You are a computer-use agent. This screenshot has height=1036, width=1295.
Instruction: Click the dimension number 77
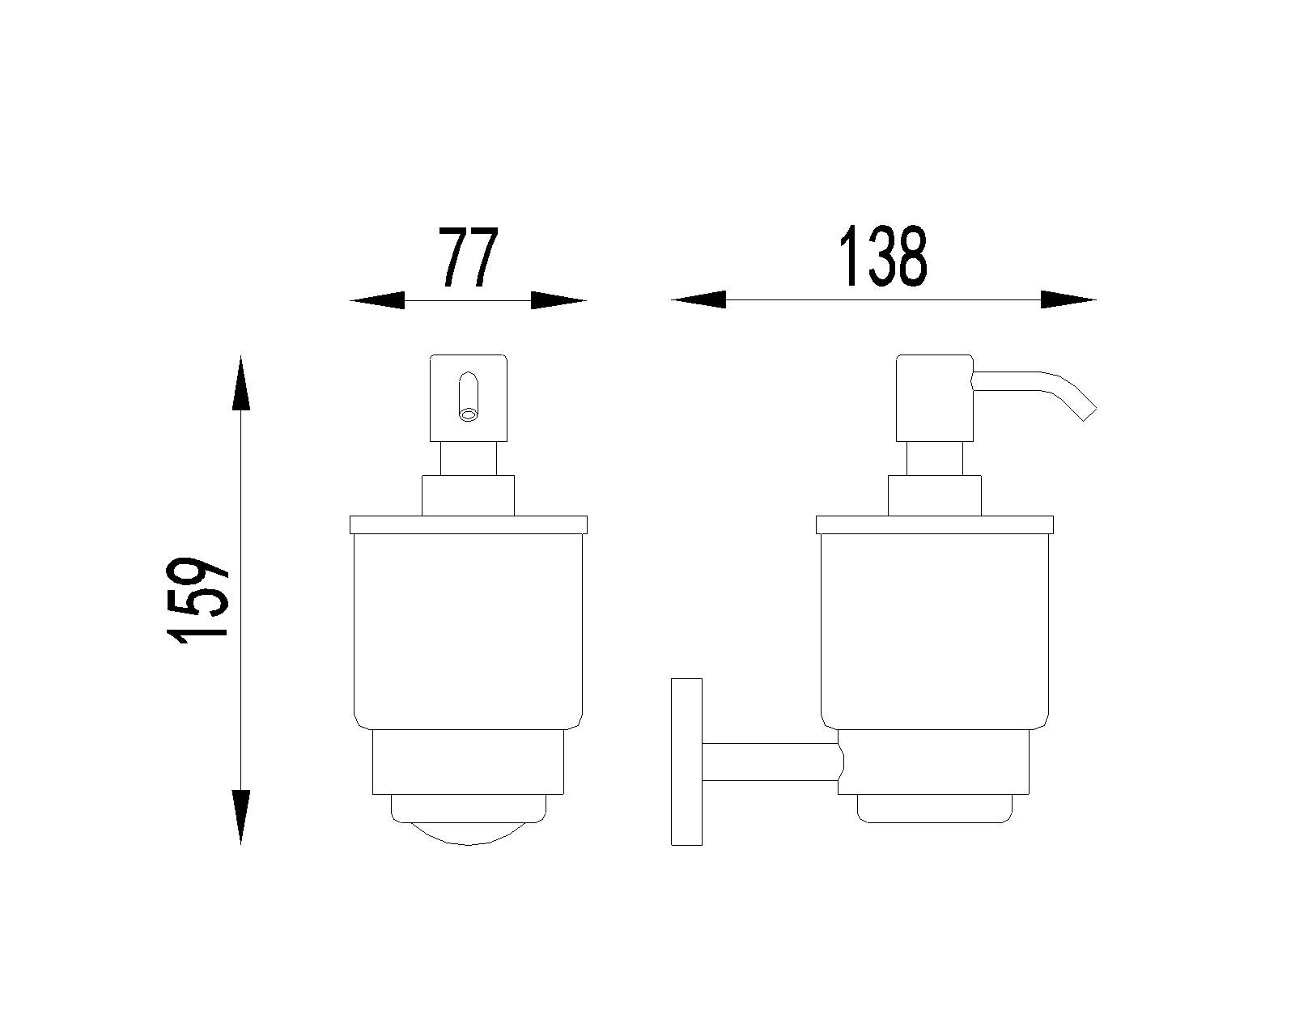(468, 257)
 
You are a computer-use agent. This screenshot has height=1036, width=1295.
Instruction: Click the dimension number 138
(883, 255)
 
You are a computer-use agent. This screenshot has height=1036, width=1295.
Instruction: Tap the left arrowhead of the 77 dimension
(377, 300)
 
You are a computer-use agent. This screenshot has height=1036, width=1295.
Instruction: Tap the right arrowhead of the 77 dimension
(558, 300)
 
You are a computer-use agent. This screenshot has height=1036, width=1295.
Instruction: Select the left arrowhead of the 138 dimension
(698, 299)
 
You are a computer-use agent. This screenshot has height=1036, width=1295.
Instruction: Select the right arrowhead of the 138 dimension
(1068, 299)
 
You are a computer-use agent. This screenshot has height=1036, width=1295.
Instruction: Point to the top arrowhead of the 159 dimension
(240, 383)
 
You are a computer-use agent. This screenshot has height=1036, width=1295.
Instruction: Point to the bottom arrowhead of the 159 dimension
(240, 817)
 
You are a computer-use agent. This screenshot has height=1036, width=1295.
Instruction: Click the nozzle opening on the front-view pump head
(468, 414)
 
